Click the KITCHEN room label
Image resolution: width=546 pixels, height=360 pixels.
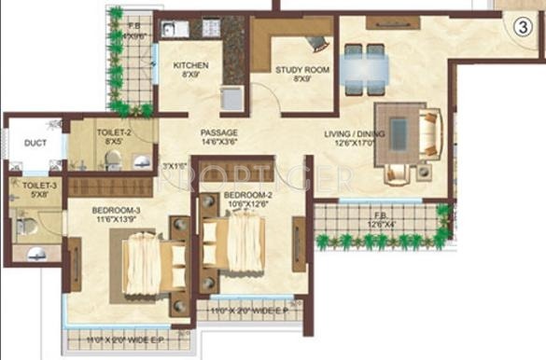(x=190, y=65)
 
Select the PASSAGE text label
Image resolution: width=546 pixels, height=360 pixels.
(x=218, y=132)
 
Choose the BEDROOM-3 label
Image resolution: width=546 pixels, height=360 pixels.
(x=115, y=211)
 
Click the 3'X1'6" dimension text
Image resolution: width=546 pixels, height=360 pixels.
(x=175, y=166)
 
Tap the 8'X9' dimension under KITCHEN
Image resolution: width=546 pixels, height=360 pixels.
(x=190, y=76)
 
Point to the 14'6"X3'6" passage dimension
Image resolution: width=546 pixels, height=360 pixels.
(x=218, y=143)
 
